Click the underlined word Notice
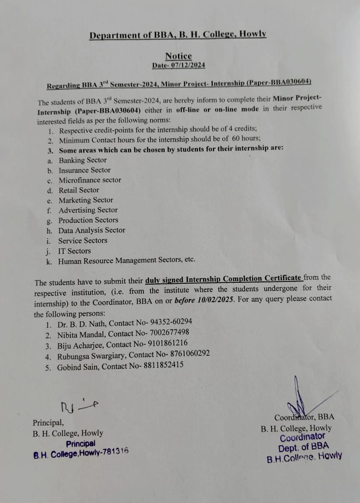[178, 56]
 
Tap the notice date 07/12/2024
[188, 65]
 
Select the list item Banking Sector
[83, 160]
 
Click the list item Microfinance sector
[90, 180]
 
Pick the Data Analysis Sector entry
[92, 230]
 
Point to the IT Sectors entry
[74, 251]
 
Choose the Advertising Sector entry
[88, 210]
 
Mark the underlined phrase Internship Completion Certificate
[243, 278]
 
